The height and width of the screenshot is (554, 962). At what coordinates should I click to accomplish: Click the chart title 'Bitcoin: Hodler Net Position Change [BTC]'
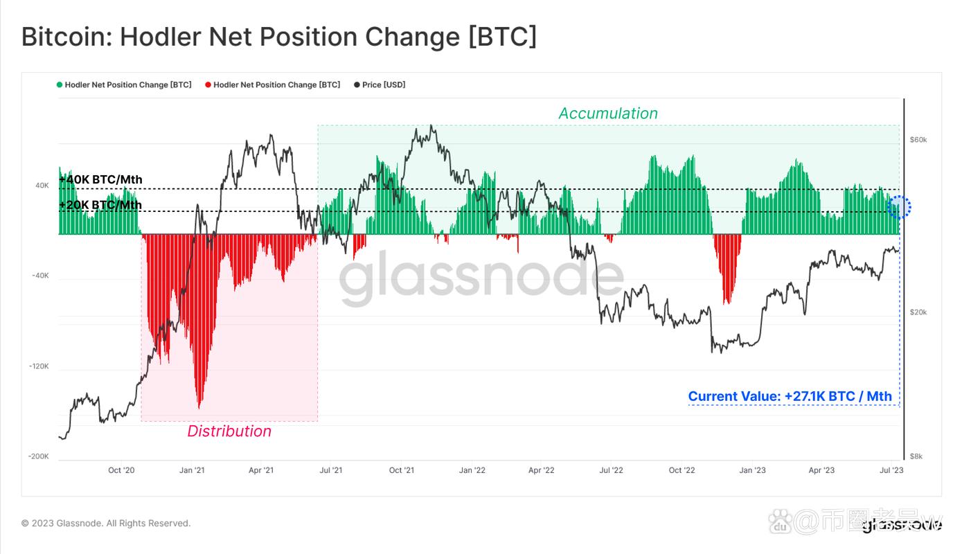[x=278, y=37]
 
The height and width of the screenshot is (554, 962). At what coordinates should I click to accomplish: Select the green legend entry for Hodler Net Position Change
[x=125, y=84]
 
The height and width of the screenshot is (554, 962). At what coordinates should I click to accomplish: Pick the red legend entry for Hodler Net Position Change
[x=273, y=84]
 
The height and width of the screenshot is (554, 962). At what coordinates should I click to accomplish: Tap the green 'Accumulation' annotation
[x=608, y=114]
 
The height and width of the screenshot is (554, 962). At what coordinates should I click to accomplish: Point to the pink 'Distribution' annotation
[x=229, y=431]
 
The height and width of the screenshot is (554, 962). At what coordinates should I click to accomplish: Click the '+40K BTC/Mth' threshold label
[x=101, y=180]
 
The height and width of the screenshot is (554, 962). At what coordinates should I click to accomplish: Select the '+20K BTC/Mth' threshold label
[x=101, y=205]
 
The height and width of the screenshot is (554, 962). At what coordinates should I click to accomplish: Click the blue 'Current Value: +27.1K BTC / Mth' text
[x=790, y=397]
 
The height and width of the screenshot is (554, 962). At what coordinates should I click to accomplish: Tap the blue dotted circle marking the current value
[x=899, y=206]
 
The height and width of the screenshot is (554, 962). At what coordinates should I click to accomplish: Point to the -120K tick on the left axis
[x=39, y=366]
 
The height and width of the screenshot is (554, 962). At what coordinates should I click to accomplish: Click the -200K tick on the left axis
[x=39, y=456]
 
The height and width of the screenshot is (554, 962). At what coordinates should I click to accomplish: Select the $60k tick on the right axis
[x=918, y=140]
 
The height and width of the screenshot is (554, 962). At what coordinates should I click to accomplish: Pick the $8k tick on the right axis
[x=916, y=456]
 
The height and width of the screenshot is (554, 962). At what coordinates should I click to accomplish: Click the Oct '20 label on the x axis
[x=121, y=471]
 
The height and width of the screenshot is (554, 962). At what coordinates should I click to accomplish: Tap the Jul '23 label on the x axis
[x=891, y=471]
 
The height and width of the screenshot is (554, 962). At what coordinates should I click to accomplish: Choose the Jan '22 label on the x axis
[x=472, y=471]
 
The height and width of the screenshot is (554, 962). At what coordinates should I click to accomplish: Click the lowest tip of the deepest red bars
[x=199, y=407]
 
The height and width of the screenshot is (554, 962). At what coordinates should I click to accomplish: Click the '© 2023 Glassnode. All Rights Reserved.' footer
[x=106, y=524]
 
